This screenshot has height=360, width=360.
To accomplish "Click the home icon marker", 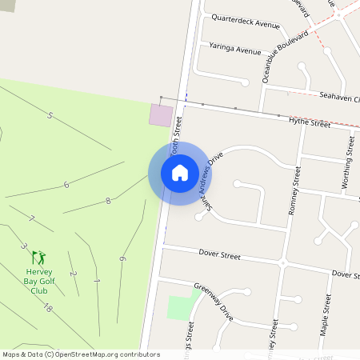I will coord(180,173).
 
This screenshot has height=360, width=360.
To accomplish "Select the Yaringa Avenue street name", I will coord(235,49).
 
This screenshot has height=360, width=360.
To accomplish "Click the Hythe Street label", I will coord(310,123).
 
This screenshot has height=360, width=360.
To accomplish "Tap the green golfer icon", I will coord(38,258).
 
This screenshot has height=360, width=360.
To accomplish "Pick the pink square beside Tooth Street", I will coord(162,115).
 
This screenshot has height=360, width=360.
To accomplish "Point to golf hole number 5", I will coord(50,116).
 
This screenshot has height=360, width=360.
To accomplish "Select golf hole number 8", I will coord(108,201).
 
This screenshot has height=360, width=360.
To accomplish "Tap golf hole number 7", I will coord(32,218).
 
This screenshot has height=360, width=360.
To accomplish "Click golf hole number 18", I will coord(48,309).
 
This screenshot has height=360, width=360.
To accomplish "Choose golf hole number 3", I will coord(23,246).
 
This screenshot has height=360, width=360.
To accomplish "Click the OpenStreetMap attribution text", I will coord(81,354).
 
